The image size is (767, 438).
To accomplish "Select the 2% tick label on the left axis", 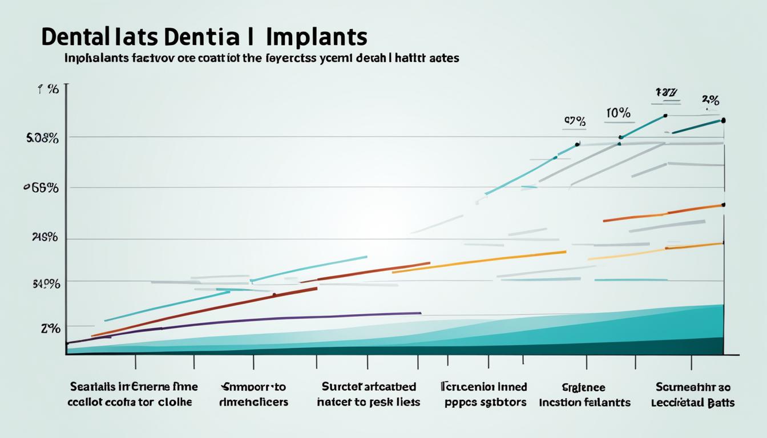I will pyautogui.click(x=50, y=328).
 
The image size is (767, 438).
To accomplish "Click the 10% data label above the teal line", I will pyautogui.click(x=618, y=113).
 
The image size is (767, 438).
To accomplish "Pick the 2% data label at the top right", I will pyautogui.click(x=710, y=100).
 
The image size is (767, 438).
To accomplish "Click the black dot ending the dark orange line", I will pyautogui.click(x=723, y=204).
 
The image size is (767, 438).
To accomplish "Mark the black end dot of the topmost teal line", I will pyautogui.click(x=723, y=120).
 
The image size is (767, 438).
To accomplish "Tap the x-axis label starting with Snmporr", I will pyautogui.click(x=253, y=387).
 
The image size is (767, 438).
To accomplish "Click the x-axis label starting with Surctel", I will pyautogui.click(x=369, y=387).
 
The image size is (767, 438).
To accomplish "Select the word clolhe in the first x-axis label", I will pyautogui.click(x=171, y=402).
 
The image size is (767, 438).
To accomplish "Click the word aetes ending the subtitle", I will pyautogui.click(x=443, y=58).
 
